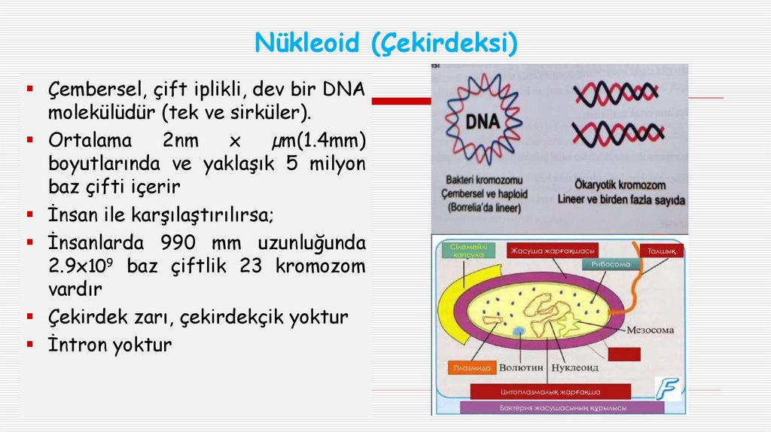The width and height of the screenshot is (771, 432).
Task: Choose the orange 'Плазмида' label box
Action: tap(473, 368)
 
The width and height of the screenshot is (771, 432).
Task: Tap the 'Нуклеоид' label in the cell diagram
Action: tap(575, 368)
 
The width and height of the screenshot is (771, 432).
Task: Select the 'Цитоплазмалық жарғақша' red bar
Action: tap(550, 391)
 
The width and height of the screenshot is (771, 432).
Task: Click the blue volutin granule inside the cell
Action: tap(518, 330)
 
